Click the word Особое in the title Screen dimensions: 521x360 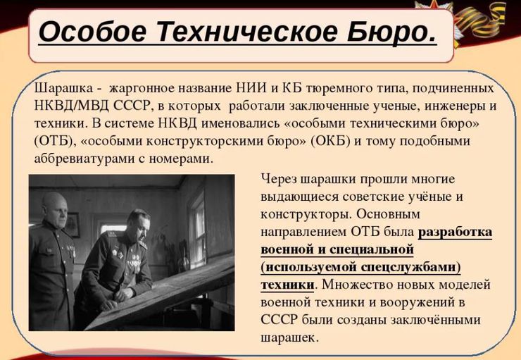[92, 32]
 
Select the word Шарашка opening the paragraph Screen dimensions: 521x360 [63, 89]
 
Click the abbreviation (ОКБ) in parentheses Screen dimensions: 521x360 [331, 141]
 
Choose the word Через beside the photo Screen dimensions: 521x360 [278, 180]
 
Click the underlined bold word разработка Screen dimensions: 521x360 [455, 232]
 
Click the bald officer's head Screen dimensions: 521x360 [55, 209]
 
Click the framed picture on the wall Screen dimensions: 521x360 [72, 225]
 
